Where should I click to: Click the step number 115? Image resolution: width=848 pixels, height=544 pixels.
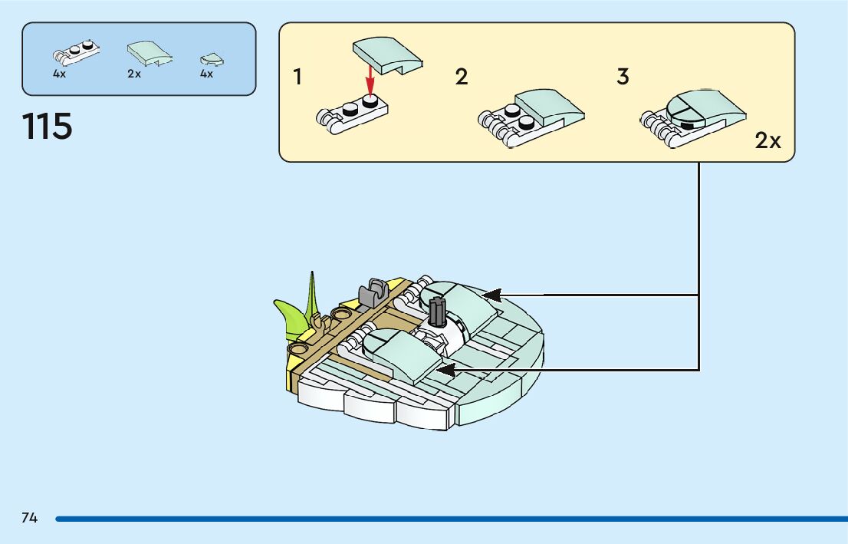[48, 127]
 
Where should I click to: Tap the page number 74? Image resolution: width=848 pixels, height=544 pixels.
[30, 518]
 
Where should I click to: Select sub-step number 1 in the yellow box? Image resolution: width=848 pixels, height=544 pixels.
[297, 77]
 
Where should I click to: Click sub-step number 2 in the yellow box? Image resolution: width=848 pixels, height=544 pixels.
[461, 77]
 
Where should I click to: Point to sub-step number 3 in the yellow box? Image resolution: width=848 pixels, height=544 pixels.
[623, 77]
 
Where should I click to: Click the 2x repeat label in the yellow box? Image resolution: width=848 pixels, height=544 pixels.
[767, 140]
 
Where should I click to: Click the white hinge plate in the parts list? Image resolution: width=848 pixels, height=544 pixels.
[77, 53]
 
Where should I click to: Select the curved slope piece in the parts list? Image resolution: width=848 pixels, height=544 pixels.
[149, 54]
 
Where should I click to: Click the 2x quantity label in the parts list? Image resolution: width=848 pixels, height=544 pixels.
[135, 74]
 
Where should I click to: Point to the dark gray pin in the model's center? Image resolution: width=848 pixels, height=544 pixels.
[438, 312]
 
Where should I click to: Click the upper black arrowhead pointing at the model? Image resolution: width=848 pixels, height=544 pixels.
[491, 295]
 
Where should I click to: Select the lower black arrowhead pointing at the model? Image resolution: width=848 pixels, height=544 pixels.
[445, 370]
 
